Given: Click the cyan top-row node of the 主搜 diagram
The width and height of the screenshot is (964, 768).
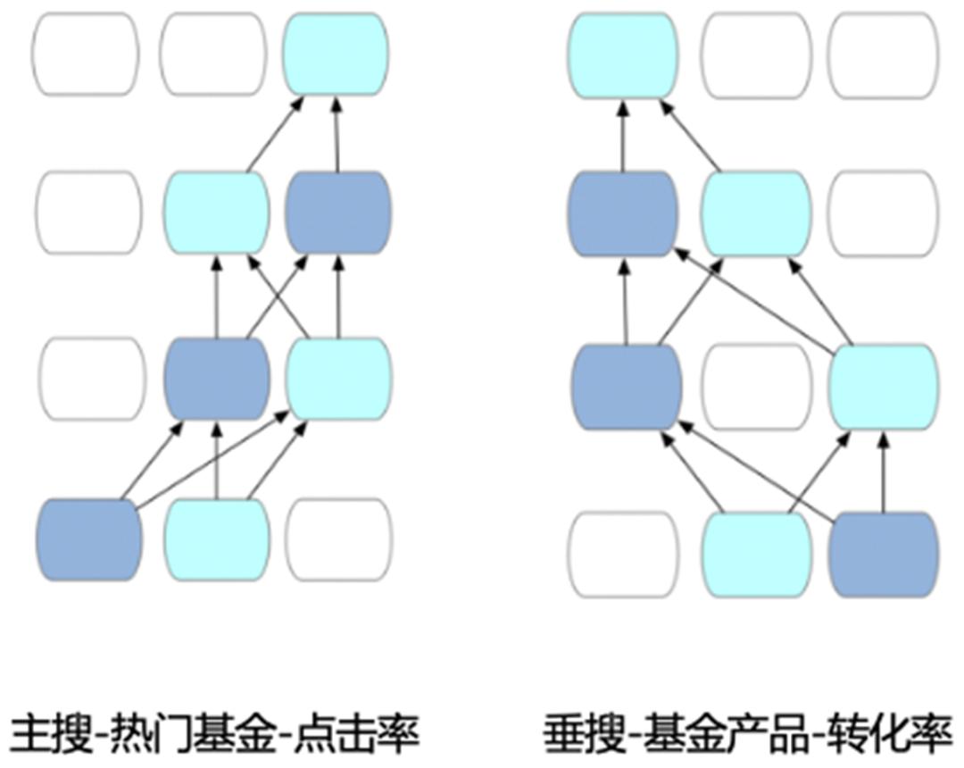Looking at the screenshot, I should pyautogui.click(x=336, y=54).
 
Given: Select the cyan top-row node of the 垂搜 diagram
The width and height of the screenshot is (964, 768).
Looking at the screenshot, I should pyautogui.click(x=622, y=54).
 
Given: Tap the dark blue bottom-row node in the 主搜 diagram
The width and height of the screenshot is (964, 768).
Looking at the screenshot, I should pyautogui.click(x=89, y=538).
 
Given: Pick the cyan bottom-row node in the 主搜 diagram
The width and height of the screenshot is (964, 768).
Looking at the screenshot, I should pyautogui.click(x=218, y=538).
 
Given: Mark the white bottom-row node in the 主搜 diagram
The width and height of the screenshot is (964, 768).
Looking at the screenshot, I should pyautogui.click(x=339, y=538).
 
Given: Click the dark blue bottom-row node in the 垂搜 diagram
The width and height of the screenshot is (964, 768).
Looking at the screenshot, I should pyautogui.click(x=884, y=554).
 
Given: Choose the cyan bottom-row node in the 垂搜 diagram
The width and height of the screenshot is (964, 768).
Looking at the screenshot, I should pyautogui.click(x=757, y=554).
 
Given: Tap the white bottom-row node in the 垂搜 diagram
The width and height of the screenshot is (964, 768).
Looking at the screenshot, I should pyautogui.click(x=623, y=554).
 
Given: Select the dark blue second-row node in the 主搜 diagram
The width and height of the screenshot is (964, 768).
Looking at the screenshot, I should pyautogui.click(x=337, y=213).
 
